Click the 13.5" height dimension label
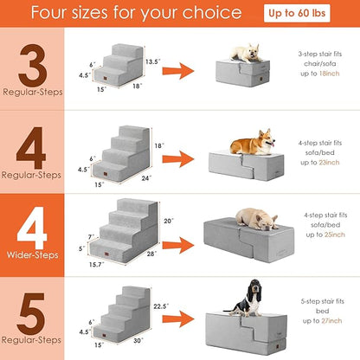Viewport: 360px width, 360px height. (154, 62)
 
